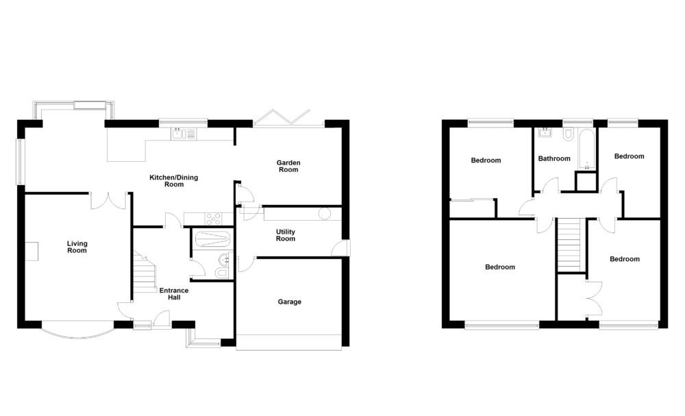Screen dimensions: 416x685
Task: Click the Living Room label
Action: [x=77, y=247]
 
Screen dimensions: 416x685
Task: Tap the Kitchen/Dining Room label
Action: [x=174, y=181]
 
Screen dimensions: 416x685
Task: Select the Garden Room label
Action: [x=288, y=166]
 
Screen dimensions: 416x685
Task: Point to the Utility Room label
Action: [x=286, y=235]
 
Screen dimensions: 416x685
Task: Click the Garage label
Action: [x=289, y=302]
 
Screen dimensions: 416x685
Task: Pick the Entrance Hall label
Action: [x=174, y=294]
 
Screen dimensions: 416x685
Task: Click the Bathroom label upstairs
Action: [x=553, y=159]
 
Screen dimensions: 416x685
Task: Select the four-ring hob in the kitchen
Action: [x=212, y=219]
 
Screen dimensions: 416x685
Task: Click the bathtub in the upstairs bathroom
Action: [x=586, y=147]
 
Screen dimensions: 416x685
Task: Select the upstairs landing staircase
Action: [x=570, y=245]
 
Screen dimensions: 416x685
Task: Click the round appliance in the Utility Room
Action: [x=324, y=214]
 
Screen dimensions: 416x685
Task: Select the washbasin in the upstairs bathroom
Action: [x=546, y=132]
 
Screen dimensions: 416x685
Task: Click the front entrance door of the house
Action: [x=161, y=318]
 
